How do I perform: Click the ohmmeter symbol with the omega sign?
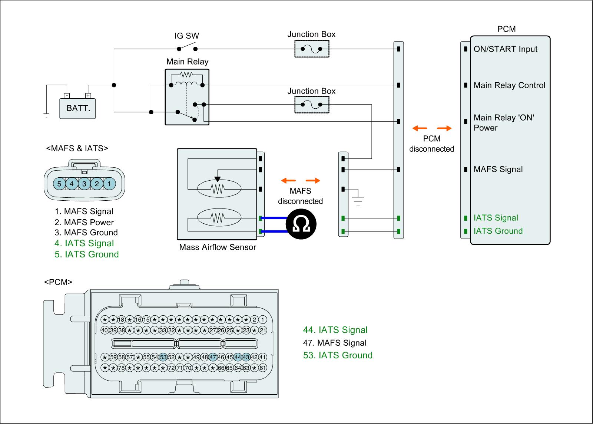pyautogui.click(x=301, y=224)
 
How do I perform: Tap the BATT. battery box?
pyautogui.click(x=78, y=108)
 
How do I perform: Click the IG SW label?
pyautogui.click(x=186, y=36)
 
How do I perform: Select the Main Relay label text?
pyautogui.click(x=187, y=62)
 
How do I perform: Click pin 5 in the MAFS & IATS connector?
pyautogui.click(x=59, y=184)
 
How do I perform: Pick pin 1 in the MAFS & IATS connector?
pyautogui.click(x=109, y=184)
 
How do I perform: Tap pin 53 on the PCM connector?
pyautogui.click(x=163, y=357)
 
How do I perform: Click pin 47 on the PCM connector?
pyautogui.click(x=213, y=357)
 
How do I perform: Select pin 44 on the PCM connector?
pyautogui.click(x=238, y=357)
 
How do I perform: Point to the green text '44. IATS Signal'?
pyautogui.click(x=335, y=330)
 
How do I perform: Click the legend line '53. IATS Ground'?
pyautogui.click(x=338, y=355)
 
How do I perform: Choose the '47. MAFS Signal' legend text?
pyautogui.click(x=334, y=343)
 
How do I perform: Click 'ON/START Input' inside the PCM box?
pyautogui.click(x=505, y=49)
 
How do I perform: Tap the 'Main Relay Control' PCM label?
pyautogui.click(x=509, y=85)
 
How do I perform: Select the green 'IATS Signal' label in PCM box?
pyautogui.click(x=496, y=218)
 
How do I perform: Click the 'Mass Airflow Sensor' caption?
pyautogui.click(x=218, y=247)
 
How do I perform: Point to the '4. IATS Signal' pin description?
pyautogui.click(x=84, y=243)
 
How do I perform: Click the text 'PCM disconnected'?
pyautogui.click(x=432, y=144)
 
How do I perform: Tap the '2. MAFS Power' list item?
pyautogui.click(x=84, y=222)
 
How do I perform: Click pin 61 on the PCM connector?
pyautogui.click(x=263, y=368)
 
